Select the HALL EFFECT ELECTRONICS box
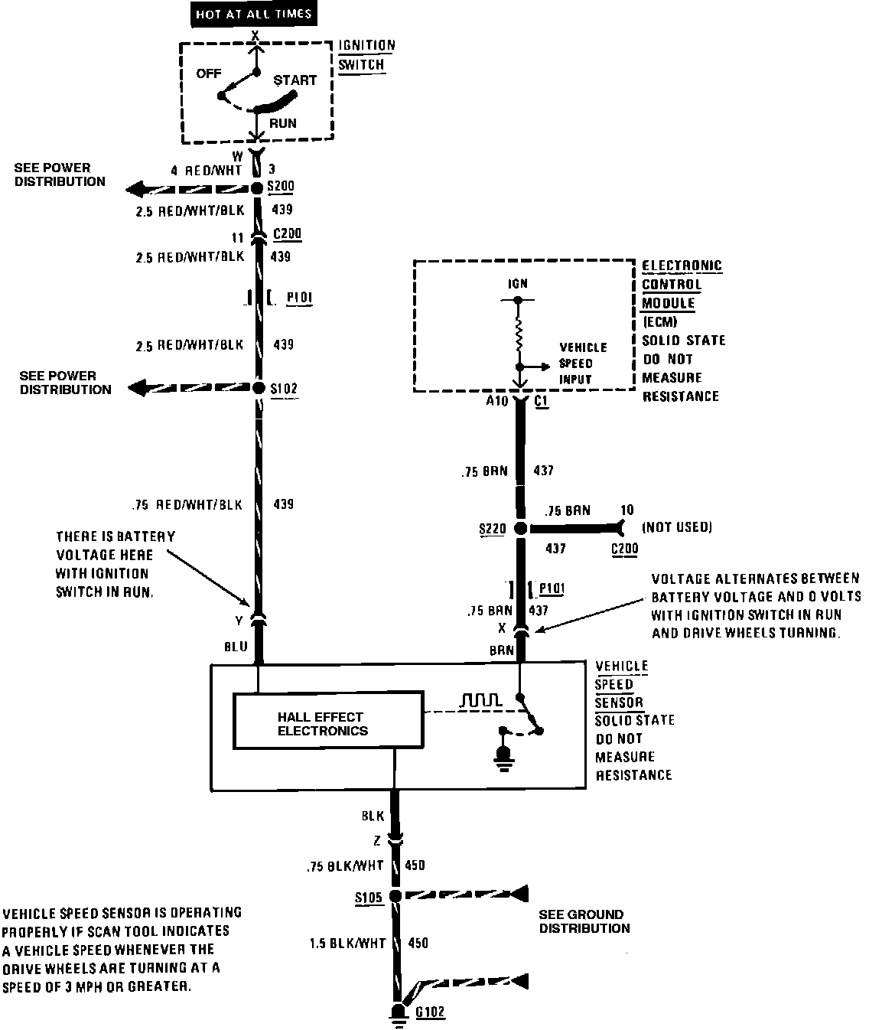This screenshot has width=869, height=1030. [x=328, y=721]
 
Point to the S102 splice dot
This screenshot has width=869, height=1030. [x=258, y=388]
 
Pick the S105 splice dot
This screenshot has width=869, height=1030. [x=395, y=895]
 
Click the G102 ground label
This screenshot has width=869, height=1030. [x=430, y=1012]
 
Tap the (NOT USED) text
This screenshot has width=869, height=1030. [x=677, y=526]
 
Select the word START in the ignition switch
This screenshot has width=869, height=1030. [x=295, y=80]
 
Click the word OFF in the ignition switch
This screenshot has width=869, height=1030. [x=208, y=73]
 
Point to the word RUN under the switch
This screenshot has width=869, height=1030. [x=282, y=123]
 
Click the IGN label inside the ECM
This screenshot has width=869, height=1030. [x=518, y=284]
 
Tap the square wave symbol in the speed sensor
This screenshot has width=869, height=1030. [x=480, y=700]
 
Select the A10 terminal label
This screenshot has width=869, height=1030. [x=496, y=400]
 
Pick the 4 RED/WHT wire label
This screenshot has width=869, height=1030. [x=207, y=171]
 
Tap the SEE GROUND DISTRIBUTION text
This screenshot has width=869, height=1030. [x=584, y=921]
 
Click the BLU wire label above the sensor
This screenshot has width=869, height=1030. [x=236, y=647]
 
